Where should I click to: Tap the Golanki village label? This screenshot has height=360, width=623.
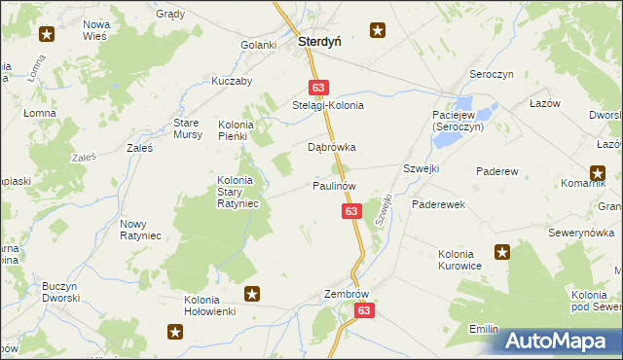[x=260, y=45]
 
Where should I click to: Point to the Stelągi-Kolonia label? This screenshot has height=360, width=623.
[x=328, y=105]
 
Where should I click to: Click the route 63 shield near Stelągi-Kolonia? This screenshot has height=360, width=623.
[x=319, y=87]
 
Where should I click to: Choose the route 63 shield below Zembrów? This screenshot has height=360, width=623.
[x=364, y=310]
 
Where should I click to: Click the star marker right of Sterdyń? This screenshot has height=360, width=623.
[x=378, y=31]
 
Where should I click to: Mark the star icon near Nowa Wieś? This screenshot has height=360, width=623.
[x=46, y=35]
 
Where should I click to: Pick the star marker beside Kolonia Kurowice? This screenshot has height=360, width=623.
[x=502, y=252]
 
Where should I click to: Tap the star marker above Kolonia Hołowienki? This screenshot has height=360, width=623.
[x=252, y=293]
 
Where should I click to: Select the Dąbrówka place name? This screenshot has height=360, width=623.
[x=332, y=147]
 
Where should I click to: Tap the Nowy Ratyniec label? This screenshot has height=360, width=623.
[x=140, y=230]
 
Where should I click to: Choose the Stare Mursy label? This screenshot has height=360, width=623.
[x=187, y=128]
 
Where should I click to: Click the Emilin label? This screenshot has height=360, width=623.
[x=484, y=329]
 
